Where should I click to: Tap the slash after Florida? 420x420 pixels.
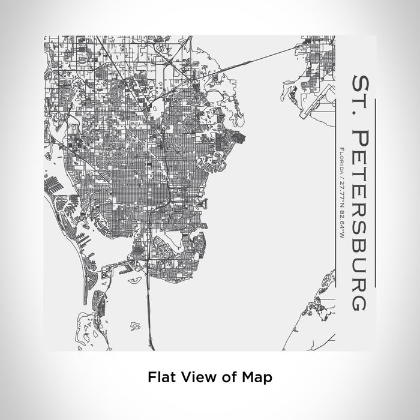click(x=341, y=176)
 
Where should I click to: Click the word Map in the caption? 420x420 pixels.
click(x=254, y=377)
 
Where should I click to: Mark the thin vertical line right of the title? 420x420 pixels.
click(x=374, y=192)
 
